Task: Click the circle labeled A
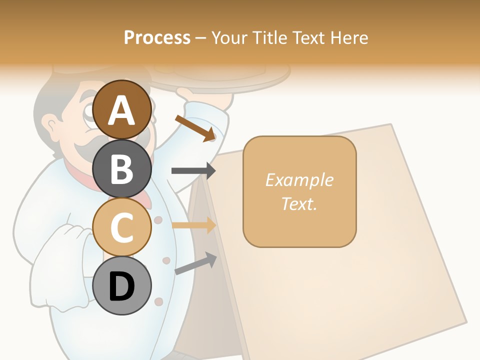[122, 110]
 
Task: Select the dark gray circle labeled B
[122, 168]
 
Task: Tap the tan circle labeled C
[122, 227]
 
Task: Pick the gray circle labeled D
[122, 286]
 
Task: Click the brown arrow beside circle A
[195, 127]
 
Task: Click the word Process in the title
[157, 37]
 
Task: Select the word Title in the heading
[267, 37]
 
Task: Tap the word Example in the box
[299, 180]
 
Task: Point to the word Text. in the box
[299, 203]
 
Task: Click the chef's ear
[50, 125]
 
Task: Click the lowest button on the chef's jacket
[159, 301]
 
